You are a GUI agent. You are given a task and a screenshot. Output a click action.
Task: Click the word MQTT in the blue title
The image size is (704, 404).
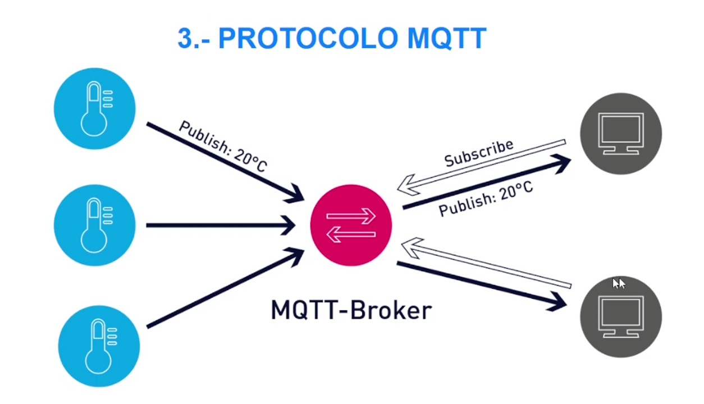[446, 38]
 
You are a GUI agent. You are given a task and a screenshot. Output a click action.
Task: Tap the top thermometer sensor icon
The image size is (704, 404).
[94, 108]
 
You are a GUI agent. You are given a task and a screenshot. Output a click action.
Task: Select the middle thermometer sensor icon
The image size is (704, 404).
[94, 225]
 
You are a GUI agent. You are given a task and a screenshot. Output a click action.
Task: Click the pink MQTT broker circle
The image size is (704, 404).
[351, 224]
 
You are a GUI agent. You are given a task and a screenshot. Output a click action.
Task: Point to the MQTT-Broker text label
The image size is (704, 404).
[351, 310]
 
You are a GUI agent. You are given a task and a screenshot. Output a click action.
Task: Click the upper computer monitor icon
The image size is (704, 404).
[620, 134]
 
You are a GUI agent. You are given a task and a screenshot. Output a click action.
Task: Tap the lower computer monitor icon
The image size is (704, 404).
[620, 316]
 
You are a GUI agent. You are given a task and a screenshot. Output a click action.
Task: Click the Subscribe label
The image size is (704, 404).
[478, 153]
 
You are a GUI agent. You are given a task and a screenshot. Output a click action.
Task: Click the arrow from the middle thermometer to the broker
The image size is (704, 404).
[219, 226]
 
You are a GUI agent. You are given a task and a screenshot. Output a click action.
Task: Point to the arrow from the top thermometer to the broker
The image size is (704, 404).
[225, 162]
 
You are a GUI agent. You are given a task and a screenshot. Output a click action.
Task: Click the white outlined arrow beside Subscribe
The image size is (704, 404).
[483, 166]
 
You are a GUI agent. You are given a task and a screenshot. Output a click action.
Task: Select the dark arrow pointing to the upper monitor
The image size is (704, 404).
[486, 183]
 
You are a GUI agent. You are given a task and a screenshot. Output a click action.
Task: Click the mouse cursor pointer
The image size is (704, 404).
[618, 283]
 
